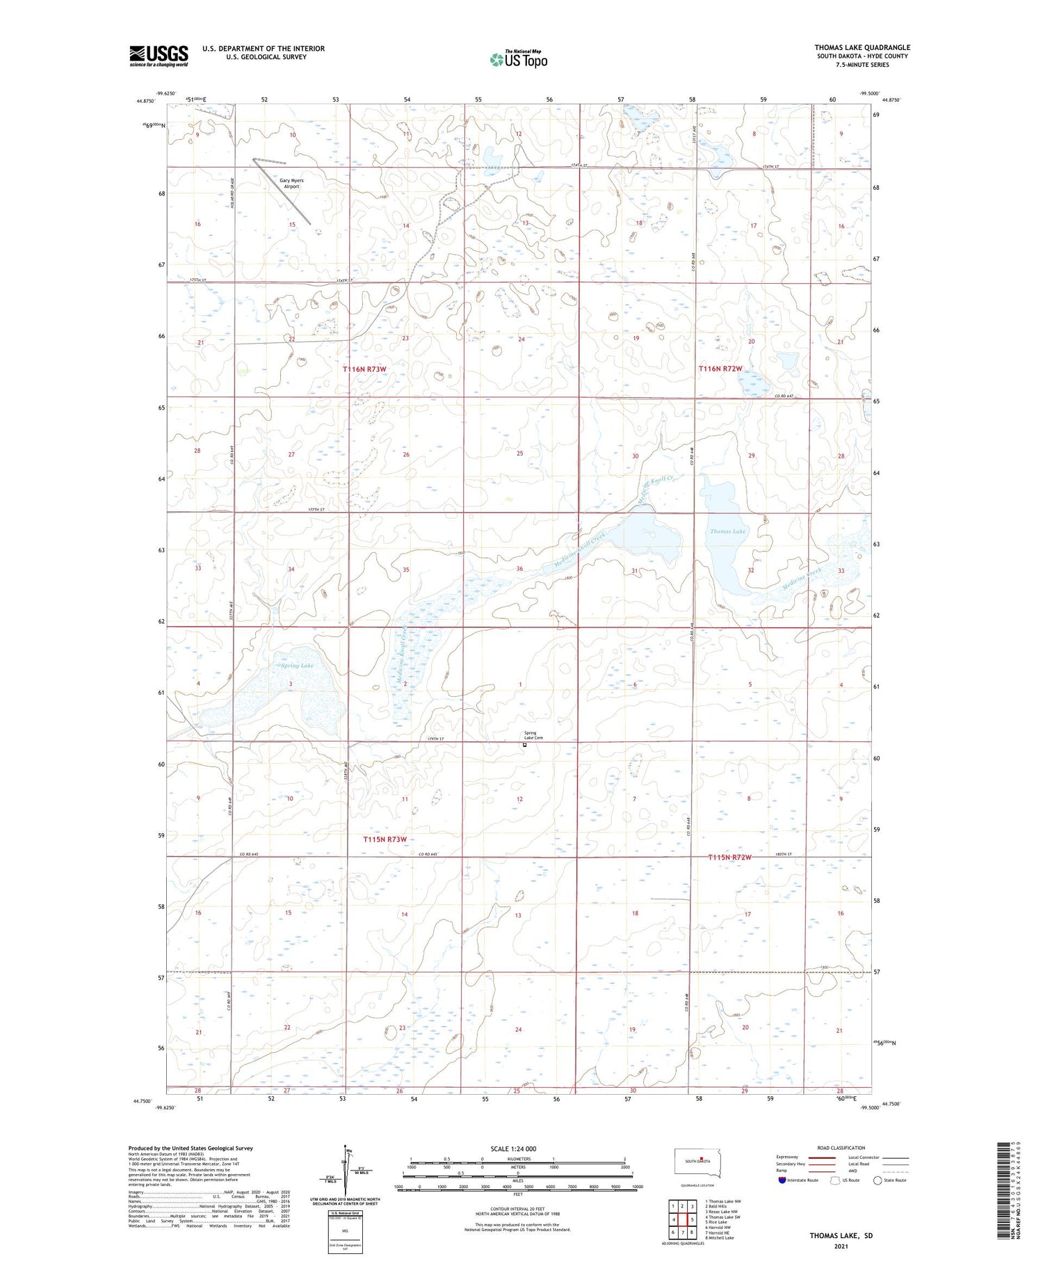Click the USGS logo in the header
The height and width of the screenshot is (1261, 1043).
159,56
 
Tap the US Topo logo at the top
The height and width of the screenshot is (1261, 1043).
518,59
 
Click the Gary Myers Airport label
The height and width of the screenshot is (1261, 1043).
291,184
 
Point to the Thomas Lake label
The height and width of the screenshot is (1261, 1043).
727,531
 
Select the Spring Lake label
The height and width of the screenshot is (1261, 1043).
297,666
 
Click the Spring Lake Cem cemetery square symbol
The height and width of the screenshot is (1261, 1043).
525,745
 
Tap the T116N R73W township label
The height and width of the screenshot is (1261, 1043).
364,369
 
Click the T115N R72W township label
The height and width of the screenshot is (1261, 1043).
729,858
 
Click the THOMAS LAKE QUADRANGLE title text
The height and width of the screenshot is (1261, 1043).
862,47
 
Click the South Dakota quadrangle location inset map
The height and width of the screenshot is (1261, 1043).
698,1162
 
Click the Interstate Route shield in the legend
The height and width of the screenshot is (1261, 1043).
782,1180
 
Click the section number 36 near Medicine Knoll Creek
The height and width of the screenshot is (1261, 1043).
519,569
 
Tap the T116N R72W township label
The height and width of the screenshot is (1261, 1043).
720,369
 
